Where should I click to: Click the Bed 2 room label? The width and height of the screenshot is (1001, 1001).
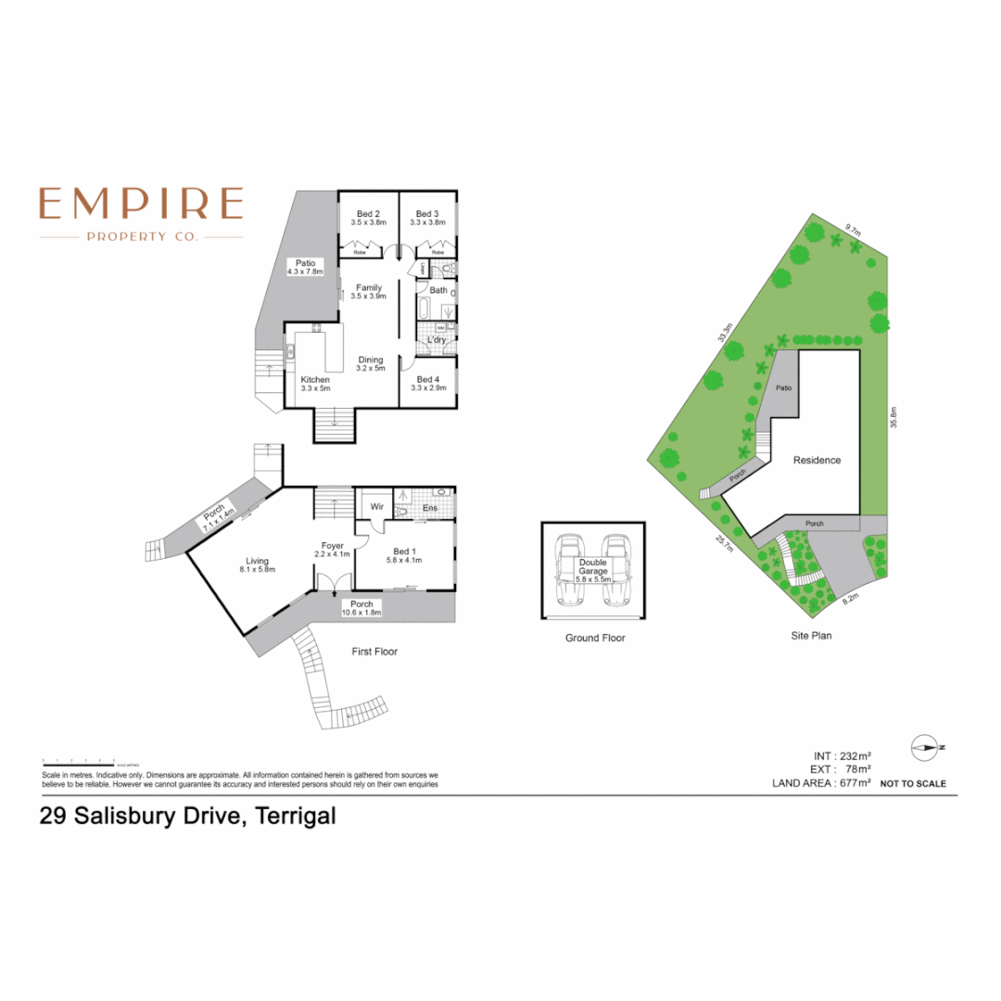tap(368, 214)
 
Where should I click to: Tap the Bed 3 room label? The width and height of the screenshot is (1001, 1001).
tap(427, 214)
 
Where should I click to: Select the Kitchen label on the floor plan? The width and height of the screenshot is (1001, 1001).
tap(315, 380)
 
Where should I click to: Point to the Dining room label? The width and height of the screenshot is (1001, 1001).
tap(371, 361)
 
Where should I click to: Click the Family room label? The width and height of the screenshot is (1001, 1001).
tap(369, 288)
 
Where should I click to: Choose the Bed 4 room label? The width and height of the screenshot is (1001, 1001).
tap(427, 380)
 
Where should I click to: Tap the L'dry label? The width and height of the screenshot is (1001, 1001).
tap(436, 341)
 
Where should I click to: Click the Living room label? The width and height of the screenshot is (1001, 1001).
tap(257, 561)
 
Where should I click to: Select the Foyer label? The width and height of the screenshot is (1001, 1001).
tap(333, 546)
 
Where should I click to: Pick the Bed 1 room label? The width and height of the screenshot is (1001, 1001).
tap(404, 552)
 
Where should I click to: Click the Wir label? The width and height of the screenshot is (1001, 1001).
tap(377, 508)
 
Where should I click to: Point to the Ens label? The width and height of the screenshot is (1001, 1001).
tap(430, 508)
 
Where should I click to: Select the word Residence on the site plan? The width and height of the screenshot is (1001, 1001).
tap(817, 460)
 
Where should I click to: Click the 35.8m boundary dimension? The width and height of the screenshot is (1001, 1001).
tap(894, 418)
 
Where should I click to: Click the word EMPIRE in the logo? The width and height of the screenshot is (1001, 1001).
tap(141, 203)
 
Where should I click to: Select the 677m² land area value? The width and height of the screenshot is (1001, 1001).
tap(853, 783)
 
